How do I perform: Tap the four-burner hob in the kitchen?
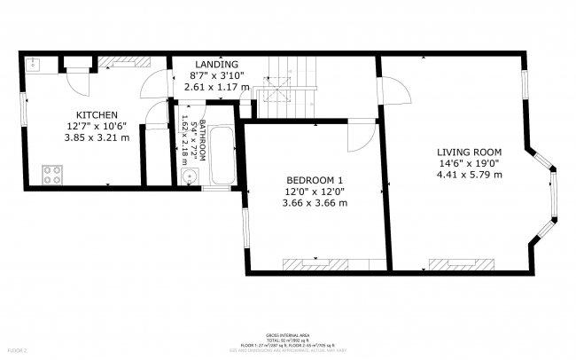tap(51, 174)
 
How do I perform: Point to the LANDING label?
tap(216, 65)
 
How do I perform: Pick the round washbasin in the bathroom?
tap(188, 177)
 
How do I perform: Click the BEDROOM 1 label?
tap(315, 179)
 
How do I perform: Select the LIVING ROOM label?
tap(469, 151)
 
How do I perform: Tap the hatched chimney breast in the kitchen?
tap(117, 61)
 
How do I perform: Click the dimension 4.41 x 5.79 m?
tap(469, 175)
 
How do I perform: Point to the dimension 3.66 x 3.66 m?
tap(315, 203)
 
